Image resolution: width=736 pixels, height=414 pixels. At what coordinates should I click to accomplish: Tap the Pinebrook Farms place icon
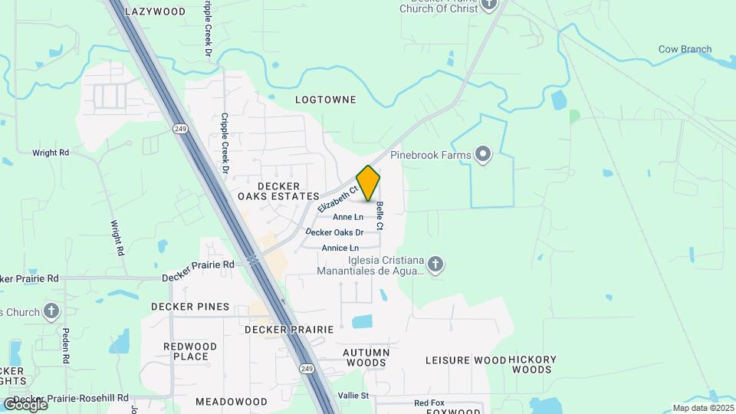[483, 155]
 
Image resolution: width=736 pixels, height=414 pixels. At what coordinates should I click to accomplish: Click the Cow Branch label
[685, 49]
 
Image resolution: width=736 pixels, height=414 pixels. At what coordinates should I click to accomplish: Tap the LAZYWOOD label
[155, 11]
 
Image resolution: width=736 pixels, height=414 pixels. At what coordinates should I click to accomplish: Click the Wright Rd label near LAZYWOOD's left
[51, 153]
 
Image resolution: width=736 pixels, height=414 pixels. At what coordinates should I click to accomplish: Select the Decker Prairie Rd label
[198, 264]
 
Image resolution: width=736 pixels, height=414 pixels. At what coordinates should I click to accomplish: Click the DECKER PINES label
[190, 307]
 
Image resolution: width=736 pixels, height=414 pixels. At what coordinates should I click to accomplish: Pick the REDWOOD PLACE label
[190, 351]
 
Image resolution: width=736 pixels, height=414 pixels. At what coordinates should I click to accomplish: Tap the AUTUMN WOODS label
[366, 357]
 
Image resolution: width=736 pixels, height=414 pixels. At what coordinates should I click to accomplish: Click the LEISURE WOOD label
[465, 360]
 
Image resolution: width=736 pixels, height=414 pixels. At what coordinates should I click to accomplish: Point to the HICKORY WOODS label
[531, 364]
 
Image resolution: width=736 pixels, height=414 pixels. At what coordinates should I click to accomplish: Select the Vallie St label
[353, 396]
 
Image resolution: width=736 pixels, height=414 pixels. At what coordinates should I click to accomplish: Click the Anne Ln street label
[348, 217]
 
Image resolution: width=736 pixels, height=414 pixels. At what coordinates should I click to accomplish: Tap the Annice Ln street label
[340, 248]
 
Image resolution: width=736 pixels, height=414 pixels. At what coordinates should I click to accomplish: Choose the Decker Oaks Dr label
[333, 232]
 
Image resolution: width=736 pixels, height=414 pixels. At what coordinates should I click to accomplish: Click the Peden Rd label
[66, 346]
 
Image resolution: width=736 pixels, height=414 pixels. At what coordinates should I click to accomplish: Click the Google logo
[25, 404]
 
